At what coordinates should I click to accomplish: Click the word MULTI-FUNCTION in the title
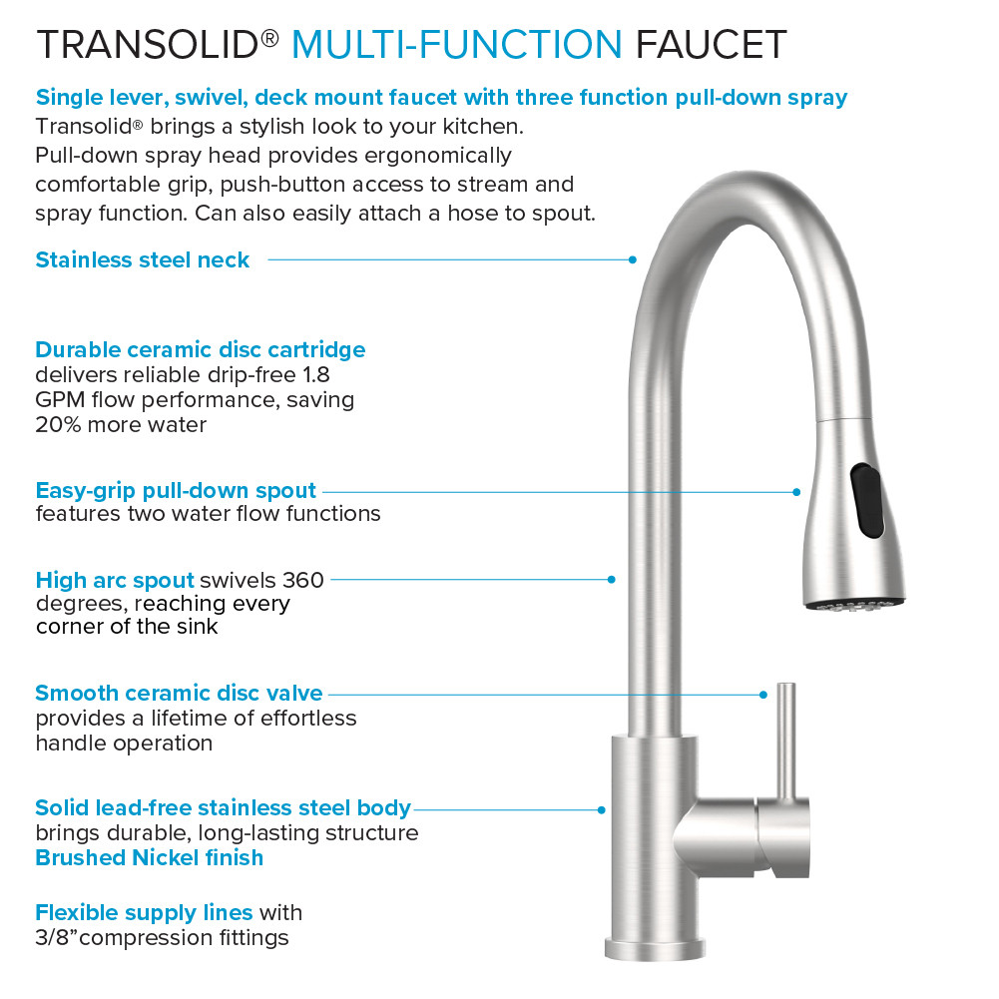[x=456, y=44]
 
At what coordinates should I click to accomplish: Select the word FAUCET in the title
[x=711, y=44]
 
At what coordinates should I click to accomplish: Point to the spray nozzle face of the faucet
[x=856, y=603]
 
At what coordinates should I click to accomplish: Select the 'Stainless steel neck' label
[x=143, y=259]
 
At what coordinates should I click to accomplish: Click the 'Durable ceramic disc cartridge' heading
[x=200, y=349]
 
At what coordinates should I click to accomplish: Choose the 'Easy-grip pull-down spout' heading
[x=176, y=490]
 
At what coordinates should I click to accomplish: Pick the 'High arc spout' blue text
[x=115, y=580]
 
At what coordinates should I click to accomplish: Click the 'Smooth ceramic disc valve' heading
[x=179, y=693]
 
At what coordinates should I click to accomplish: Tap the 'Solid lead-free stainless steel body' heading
[x=223, y=807]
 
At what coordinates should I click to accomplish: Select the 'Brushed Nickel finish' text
[x=150, y=857]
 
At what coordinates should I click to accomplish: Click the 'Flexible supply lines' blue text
[x=144, y=912]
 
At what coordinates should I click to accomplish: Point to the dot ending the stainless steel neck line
[x=633, y=259]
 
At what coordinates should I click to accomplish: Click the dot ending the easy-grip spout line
[x=796, y=491]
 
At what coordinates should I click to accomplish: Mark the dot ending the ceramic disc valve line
[x=763, y=693]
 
